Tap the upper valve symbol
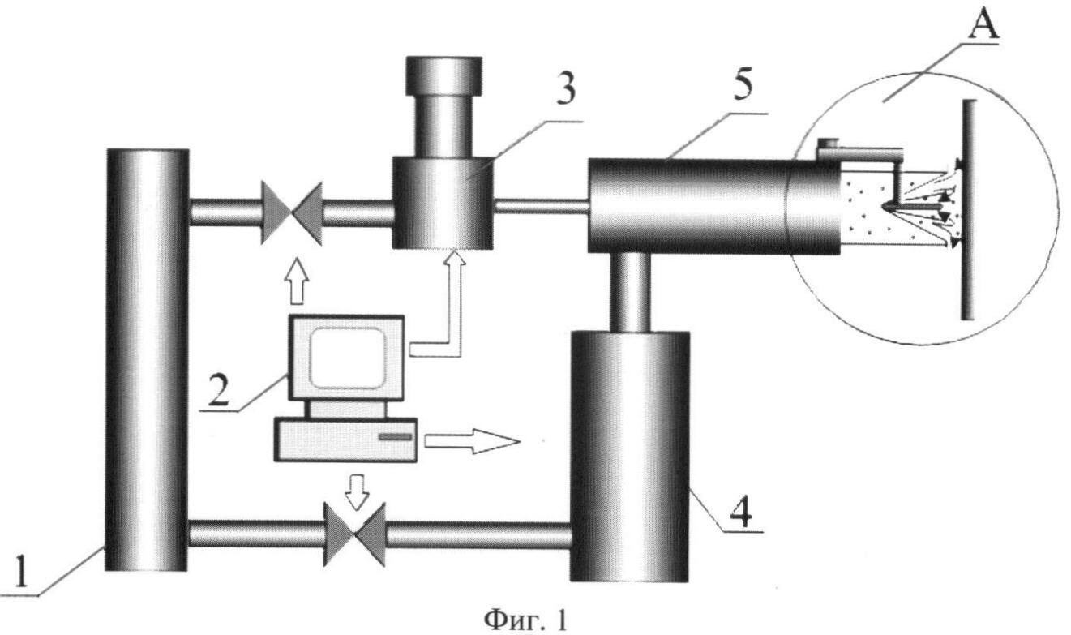click(291, 212)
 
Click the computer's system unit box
click(347, 440)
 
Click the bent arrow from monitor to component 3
click(455, 308)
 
